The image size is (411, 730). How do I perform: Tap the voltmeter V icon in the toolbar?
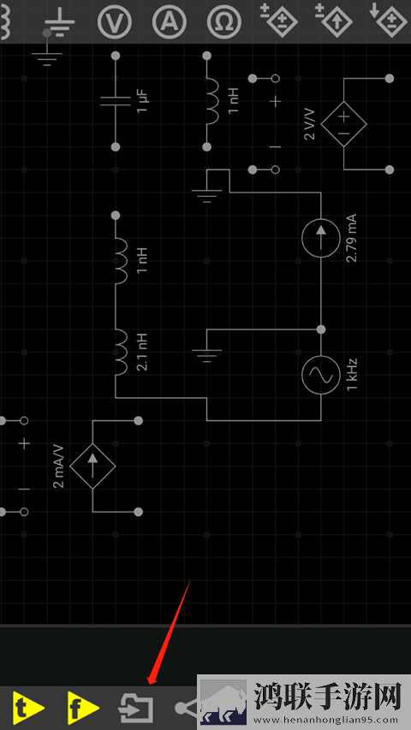click(x=115, y=21)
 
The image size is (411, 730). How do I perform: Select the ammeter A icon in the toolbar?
click(x=170, y=21)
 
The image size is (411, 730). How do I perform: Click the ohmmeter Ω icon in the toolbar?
click(x=224, y=21)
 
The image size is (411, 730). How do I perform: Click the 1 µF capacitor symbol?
click(x=116, y=102)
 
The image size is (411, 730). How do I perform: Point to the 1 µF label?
click(x=143, y=102)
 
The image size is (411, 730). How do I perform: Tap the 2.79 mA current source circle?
click(x=320, y=238)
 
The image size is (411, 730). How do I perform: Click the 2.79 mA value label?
click(x=351, y=238)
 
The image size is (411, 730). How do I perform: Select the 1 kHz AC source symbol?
click(x=320, y=375)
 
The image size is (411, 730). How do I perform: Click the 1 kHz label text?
click(x=352, y=375)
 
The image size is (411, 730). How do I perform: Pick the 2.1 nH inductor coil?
click(x=120, y=353)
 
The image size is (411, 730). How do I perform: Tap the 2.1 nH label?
click(x=143, y=352)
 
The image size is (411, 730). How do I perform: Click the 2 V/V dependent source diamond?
click(x=343, y=124)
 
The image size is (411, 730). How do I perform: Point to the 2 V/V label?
click(x=310, y=124)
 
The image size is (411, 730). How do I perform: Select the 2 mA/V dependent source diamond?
click(x=92, y=466)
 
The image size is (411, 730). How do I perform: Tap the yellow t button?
click(x=29, y=709)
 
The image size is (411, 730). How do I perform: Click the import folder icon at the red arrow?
click(x=135, y=708)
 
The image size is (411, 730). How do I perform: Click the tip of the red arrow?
click(x=148, y=685)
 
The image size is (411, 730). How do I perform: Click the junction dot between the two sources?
click(x=320, y=329)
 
